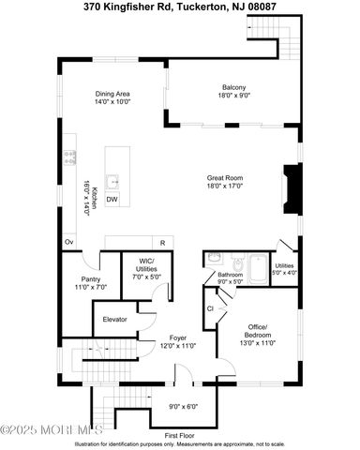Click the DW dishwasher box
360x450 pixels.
coord(112,199)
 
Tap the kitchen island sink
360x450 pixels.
coord(112,181)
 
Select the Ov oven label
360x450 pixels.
coord(69,242)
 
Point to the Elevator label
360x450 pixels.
coord(114,319)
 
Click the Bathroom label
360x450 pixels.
coord(231,277)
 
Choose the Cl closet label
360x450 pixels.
coord(211,307)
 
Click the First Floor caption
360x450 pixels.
coord(180,435)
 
